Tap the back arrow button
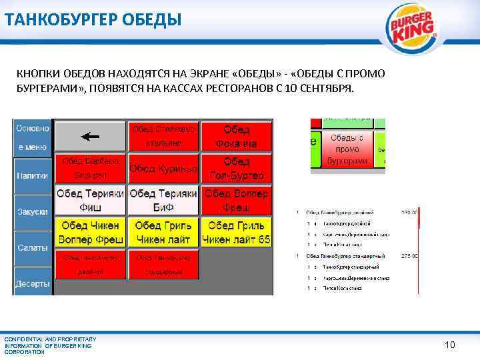(90, 136)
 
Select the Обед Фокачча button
(237, 136)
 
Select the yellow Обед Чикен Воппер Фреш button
(90, 232)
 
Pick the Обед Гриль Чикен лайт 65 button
(237, 232)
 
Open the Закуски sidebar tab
(32, 211)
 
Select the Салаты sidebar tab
(32, 247)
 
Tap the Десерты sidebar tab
(32, 283)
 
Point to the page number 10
(450, 345)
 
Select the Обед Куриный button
(163, 169)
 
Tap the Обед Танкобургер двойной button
(90, 264)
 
